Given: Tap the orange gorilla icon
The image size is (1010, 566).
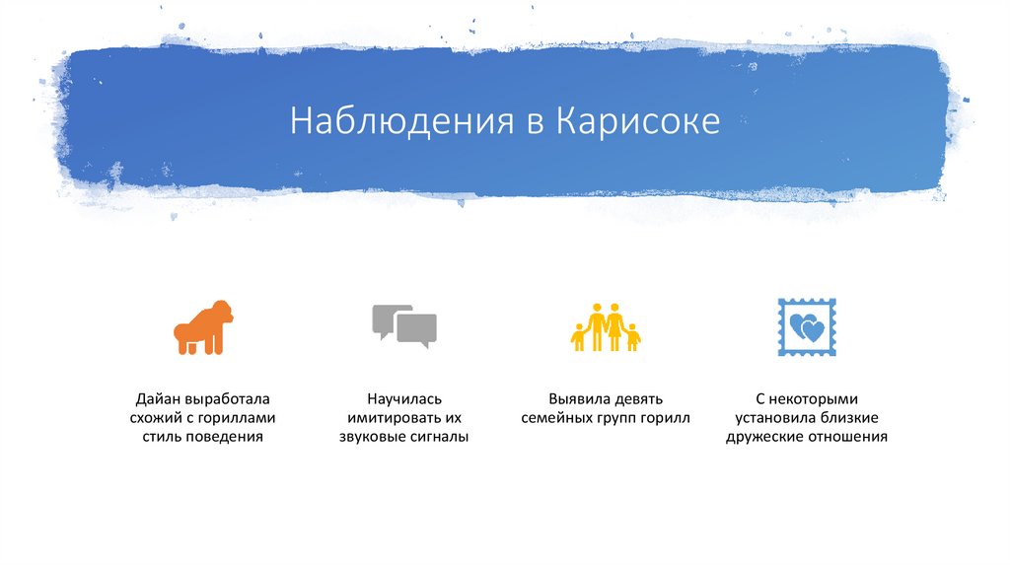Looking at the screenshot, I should pyautogui.click(x=203, y=327).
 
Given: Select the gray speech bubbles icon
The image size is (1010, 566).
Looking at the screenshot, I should pyautogui.click(x=403, y=326).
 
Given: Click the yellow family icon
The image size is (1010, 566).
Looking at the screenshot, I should pyautogui.click(x=605, y=326).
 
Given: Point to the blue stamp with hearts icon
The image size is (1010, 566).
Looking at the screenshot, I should pyautogui.click(x=806, y=326).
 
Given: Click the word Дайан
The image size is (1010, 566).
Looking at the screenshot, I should pyautogui.click(x=156, y=399).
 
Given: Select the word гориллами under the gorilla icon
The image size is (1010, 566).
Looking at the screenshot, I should pyautogui.click(x=245, y=418).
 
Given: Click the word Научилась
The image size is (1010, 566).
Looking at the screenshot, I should pyautogui.click(x=403, y=399).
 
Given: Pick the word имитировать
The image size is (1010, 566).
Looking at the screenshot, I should pyautogui.click(x=393, y=418).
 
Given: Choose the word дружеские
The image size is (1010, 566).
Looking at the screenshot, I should pyautogui.click(x=763, y=436).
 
